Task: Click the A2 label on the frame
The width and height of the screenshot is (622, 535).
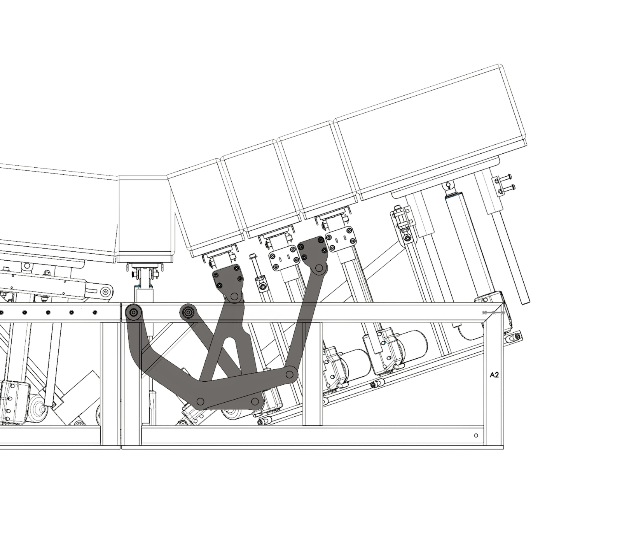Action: coord(494,375)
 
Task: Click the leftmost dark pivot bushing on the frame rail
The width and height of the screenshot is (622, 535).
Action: coord(133,312)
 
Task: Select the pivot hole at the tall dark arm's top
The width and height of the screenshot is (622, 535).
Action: coord(319,268)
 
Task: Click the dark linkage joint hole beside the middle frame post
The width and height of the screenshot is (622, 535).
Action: coord(289,374)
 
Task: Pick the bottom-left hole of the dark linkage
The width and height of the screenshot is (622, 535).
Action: coord(201,401)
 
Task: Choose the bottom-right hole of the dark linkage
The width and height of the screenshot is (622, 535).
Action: coord(255,401)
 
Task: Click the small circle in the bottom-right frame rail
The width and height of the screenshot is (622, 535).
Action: coord(476,435)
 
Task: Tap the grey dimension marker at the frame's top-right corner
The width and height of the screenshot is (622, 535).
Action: coord(493,312)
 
